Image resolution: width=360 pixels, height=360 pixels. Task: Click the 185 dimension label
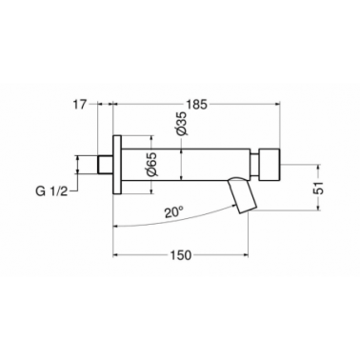pos(196,104)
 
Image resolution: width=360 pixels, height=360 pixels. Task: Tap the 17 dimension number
pos(80,104)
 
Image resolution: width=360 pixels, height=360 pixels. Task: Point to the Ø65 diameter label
pos(151,164)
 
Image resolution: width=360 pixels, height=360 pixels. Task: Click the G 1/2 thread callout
pos(51,191)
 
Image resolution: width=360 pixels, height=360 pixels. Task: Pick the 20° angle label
pos(174,211)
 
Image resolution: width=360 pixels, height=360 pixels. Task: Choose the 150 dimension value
pos(182,255)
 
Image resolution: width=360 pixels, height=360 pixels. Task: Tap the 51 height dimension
pos(318,188)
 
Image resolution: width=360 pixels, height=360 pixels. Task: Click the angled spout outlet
pos(242,194)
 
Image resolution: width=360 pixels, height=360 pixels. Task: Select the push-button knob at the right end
pos(270,164)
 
